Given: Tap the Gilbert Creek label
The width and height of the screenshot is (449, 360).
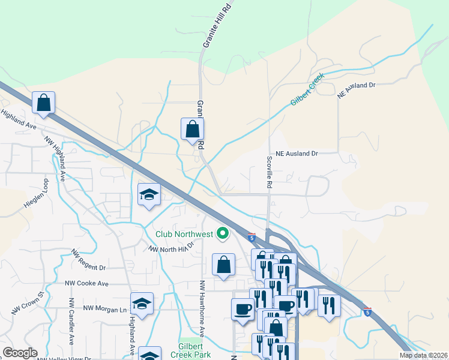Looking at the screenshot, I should pos(307,90).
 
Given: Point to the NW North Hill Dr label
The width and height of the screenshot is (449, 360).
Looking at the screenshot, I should pos(172,247).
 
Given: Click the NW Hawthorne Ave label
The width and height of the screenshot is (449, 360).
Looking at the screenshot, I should pos(202,308).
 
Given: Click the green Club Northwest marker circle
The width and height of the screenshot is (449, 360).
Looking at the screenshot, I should pos(223,233).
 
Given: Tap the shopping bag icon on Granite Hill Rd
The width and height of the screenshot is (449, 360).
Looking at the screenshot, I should pos(192,128).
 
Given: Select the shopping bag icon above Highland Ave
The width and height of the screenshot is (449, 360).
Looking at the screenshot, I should pos(43,102).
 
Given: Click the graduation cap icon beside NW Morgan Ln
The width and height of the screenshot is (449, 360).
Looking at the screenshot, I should pos(142,304).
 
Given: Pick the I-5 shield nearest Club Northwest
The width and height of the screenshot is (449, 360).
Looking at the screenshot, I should pos(252,238).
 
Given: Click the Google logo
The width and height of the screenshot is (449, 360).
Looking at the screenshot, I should pos(20,353).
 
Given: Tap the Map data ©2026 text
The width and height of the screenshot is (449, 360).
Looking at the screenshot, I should pos(423,355).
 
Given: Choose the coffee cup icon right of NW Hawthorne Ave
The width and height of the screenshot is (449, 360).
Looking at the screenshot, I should pos(243,308).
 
